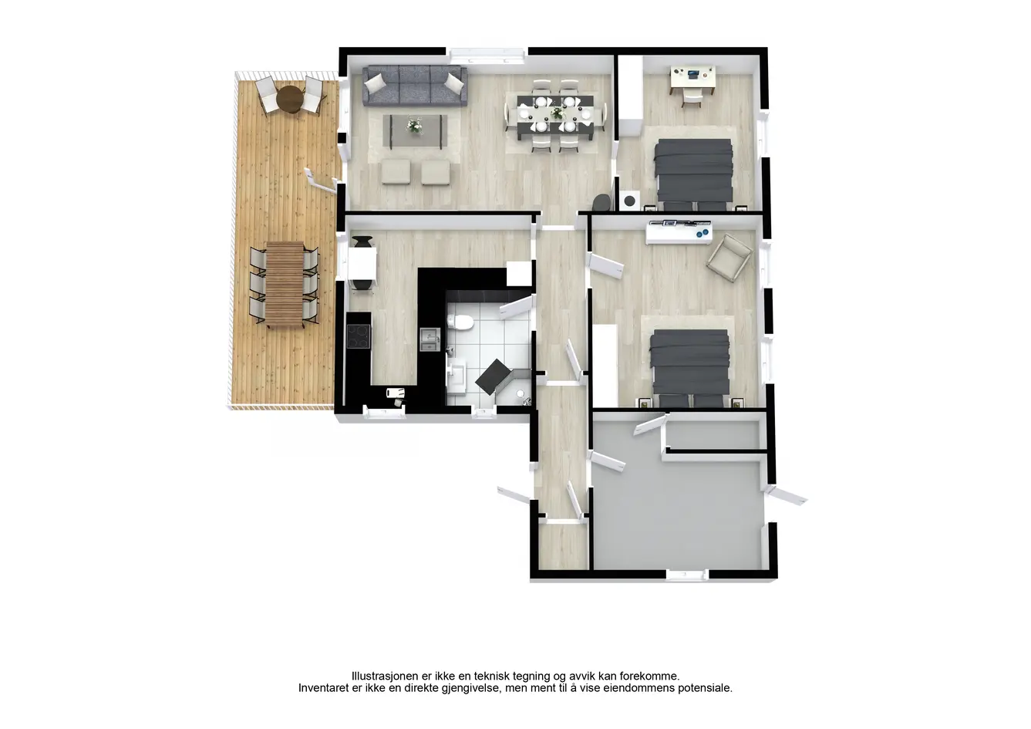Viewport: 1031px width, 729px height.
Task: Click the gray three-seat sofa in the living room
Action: point(415,86)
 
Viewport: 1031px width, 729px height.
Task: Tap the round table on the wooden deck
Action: point(290,99)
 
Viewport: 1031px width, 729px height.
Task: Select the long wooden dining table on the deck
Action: point(285,284)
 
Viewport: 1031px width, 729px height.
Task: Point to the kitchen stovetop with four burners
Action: point(358,336)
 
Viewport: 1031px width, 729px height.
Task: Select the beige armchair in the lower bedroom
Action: point(729,257)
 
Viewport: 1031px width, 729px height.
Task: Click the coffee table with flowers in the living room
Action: point(415,130)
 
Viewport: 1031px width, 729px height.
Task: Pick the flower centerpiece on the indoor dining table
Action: point(558,113)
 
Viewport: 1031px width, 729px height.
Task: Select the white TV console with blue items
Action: point(679,232)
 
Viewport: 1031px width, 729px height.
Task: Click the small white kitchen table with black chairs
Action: point(362,263)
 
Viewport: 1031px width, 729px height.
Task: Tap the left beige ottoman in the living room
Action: point(396,172)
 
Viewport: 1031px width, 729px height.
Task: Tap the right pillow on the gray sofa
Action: point(455,82)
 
